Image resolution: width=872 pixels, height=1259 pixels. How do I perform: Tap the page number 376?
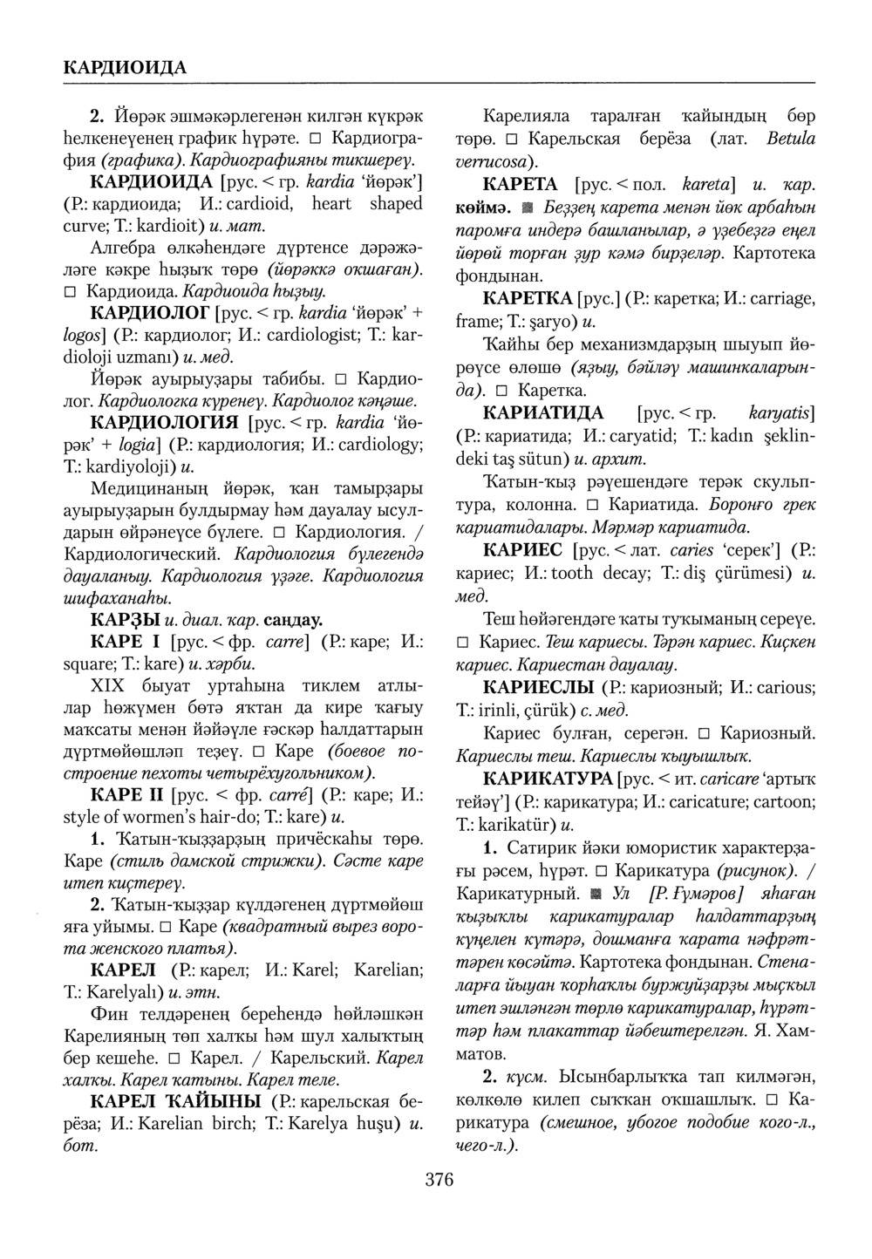439,1181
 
